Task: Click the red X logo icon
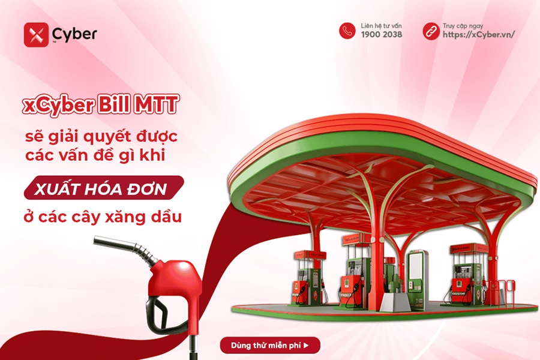(x=36, y=35)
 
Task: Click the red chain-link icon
(x=430, y=31)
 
